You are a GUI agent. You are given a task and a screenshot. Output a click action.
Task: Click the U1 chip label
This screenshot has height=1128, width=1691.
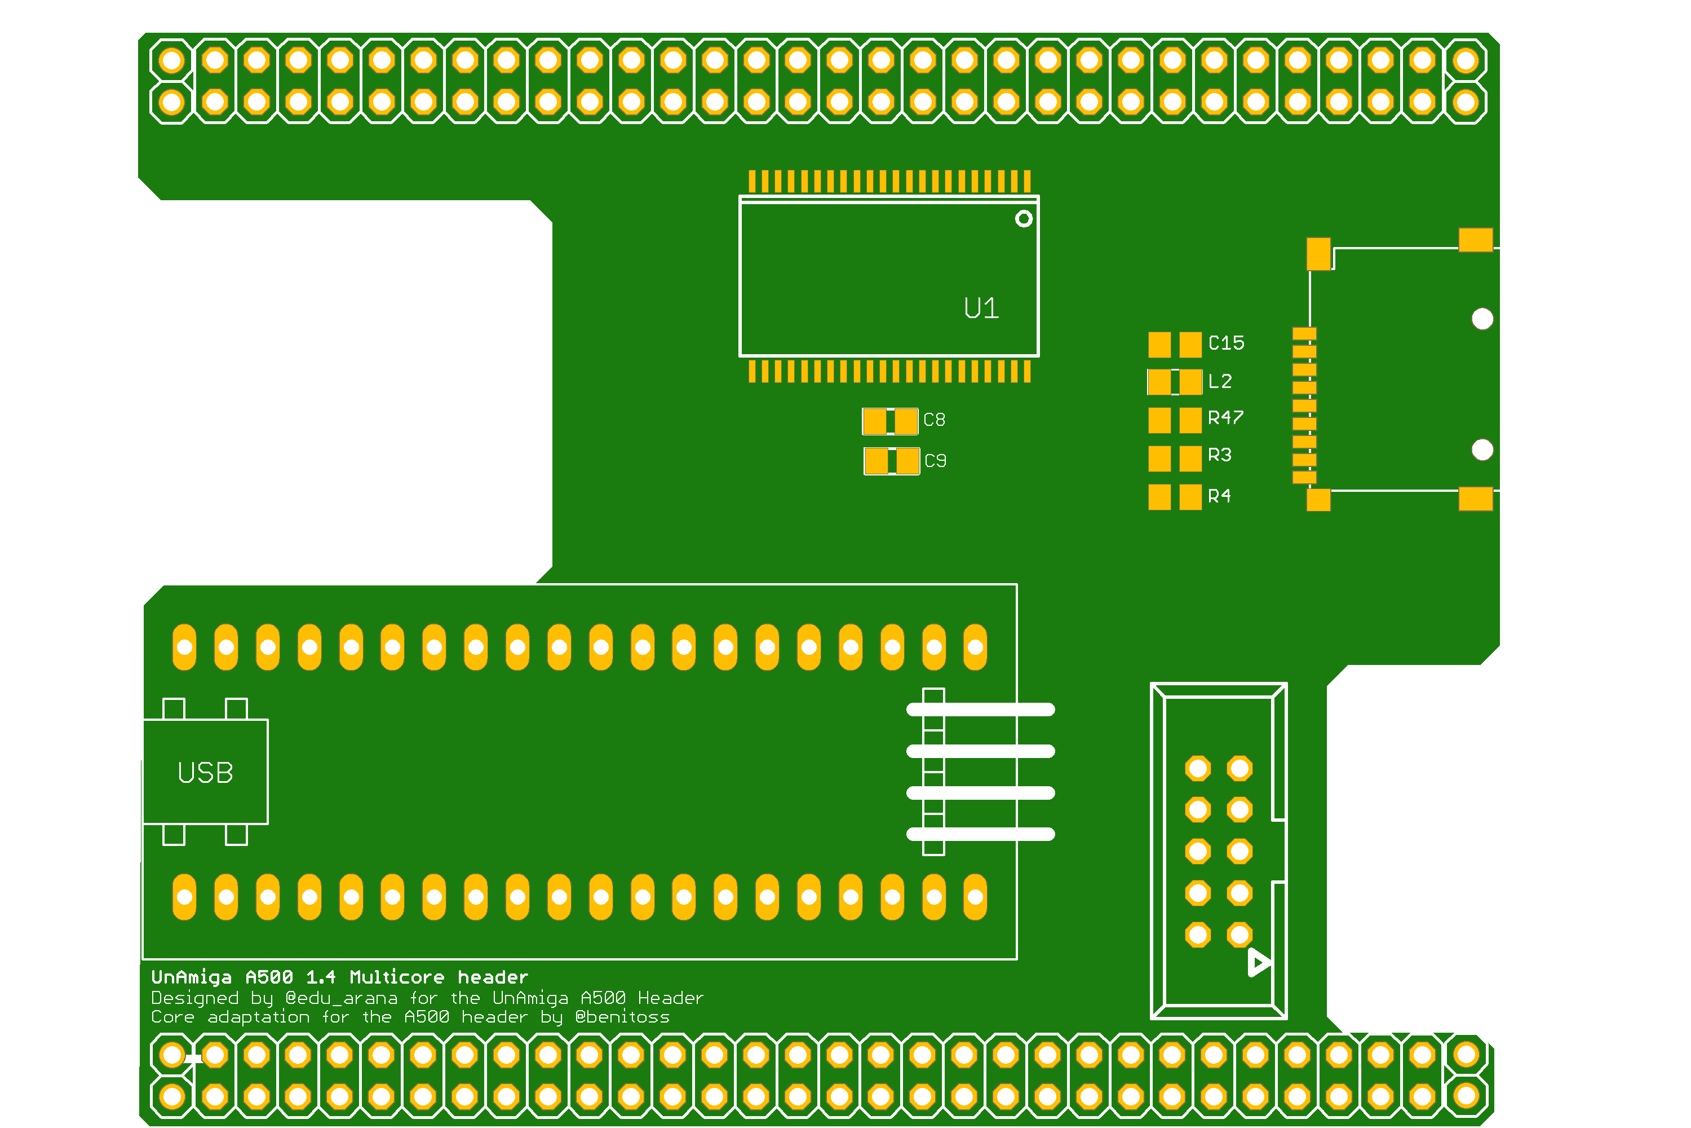(981, 309)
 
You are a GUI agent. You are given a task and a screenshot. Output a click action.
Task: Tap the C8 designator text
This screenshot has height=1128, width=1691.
(934, 420)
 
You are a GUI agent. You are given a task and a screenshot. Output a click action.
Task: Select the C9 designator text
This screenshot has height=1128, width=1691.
(935, 460)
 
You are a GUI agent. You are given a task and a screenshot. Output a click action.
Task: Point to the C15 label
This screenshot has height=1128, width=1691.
(1226, 343)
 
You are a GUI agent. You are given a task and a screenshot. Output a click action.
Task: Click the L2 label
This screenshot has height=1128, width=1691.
(1220, 381)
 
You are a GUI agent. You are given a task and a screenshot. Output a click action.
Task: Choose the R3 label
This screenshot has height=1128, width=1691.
(1219, 455)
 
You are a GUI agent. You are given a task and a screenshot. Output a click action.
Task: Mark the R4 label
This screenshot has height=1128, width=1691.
(1219, 496)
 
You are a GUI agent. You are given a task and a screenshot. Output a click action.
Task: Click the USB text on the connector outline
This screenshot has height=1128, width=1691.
(206, 773)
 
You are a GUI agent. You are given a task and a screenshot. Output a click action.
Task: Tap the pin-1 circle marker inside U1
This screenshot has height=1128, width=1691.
(1024, 219)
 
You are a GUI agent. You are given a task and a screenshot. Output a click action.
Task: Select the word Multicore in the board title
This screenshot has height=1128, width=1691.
(397, 977)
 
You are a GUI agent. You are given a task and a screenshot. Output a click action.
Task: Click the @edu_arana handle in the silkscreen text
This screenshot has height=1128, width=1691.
(341, 998)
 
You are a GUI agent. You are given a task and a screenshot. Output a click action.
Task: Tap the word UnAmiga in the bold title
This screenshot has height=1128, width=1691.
(191, 977)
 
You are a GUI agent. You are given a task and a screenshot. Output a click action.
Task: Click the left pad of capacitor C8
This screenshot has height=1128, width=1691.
(875, 421)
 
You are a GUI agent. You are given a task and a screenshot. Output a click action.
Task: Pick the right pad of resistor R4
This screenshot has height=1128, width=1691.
(1190, 497)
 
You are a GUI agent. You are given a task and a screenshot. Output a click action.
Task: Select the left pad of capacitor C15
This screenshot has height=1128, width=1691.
(1159, 345)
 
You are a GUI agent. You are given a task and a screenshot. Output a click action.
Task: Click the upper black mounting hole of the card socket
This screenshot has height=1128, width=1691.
(1482, 319)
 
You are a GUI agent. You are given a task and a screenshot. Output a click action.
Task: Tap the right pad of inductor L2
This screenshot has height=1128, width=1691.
(1190, 382)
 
